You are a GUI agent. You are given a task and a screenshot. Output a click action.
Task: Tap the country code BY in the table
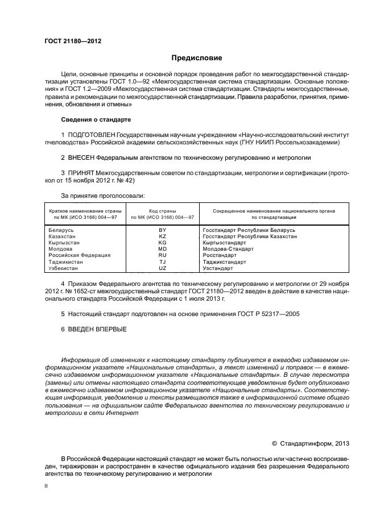[x=162, y=230]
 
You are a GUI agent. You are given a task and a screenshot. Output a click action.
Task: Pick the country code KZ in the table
[x=162, y=236]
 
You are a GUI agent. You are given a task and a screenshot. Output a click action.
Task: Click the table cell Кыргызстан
[x=63, y=242]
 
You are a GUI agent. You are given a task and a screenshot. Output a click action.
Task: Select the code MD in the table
[x=162, y=249]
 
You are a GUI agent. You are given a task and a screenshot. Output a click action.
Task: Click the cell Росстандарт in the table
[x=217, y=255]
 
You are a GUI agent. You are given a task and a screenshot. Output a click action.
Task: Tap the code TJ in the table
[x=162, y=262]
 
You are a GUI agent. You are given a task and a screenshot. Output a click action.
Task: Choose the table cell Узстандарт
[x=217, y=268]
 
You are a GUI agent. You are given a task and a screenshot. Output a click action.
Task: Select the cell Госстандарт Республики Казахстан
[x=249, y=236]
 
